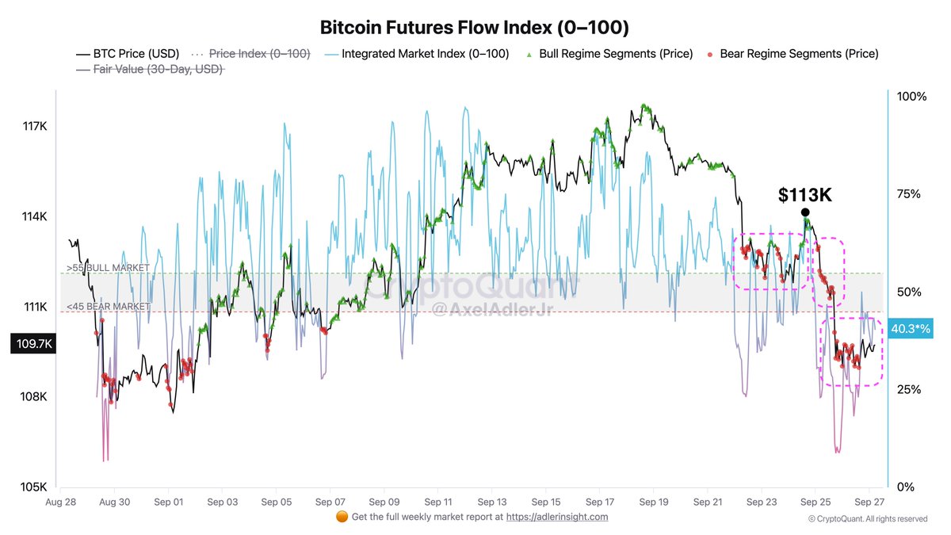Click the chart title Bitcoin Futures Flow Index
point(475,28)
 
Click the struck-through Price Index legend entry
point(259,54)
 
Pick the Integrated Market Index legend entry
point(425,54)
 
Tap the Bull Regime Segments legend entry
point(615,54)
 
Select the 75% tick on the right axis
point(911,194)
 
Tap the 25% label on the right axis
point(911,390)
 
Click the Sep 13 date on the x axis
point(492,502)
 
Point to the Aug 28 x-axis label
point(61,502)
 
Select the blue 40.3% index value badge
point(911,328)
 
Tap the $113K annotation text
point(804,195)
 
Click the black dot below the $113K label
point(805,212)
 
